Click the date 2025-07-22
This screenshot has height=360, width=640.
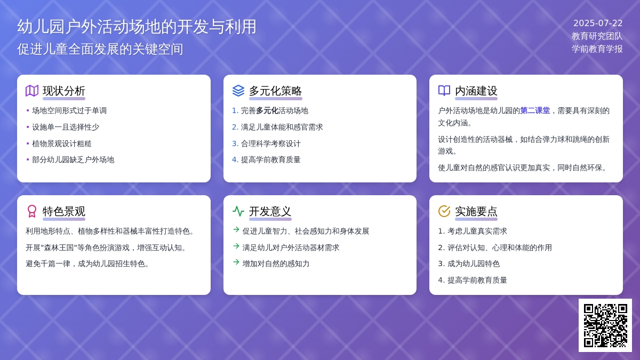598,23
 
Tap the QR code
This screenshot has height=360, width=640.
605,325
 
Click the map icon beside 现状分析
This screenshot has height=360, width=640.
32,91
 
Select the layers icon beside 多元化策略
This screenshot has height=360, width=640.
238,91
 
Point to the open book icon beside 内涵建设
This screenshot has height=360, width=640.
444,91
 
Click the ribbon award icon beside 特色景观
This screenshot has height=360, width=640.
32,211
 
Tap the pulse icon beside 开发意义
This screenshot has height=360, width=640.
238,211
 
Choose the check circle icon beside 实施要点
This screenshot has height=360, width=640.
444,211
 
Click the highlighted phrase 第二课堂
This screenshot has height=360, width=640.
535,110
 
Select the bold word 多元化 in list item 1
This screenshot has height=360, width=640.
267,110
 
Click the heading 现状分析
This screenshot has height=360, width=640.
63,91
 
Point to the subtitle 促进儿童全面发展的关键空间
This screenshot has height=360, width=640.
100,49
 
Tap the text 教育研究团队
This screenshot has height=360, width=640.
597,36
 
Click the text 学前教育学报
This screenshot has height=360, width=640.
597,49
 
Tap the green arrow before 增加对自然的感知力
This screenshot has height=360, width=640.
236,262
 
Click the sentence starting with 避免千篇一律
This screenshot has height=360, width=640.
87,263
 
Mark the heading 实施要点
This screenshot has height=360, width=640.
476,211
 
